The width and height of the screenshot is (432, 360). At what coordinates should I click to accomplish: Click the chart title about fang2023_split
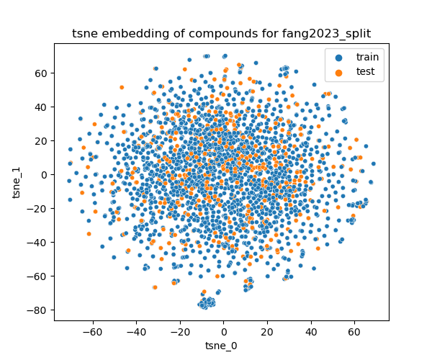tap(221, 34)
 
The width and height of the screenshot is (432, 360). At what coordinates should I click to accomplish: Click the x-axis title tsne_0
tap(221, 345)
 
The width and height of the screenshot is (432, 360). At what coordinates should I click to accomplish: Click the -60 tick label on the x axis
tap(92, 332)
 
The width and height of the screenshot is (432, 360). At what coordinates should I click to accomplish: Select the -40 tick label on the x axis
tap(136, 332)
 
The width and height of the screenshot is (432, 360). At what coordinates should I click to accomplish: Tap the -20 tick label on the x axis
tap(179, 332)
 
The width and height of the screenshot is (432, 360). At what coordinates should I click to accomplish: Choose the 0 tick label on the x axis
tap(223, 332)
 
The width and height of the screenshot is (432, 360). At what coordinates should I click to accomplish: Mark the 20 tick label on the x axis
tap(267, 332)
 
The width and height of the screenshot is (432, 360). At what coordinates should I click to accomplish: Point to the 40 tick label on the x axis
tap(310, 332)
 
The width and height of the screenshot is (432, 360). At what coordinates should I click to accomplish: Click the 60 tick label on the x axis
tap(354, 332)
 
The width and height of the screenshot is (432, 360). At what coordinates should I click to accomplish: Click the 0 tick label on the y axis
tap(45, 175)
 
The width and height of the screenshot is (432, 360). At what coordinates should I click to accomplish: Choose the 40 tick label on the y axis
tap(42, 107)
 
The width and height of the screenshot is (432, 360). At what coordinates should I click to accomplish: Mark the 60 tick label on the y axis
tap(42, 73)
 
